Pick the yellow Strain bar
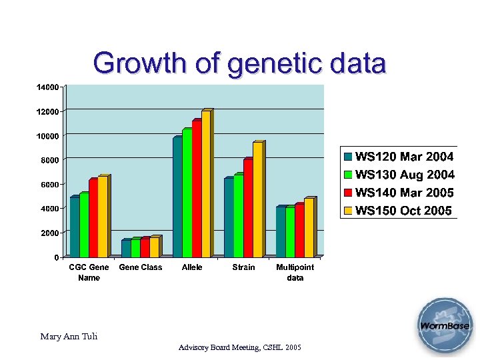tap(257, 200)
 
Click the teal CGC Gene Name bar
tap(74, 227)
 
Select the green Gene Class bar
tap(135, 248)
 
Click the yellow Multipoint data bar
tap(309, 228)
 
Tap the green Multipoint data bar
tap(289, 232)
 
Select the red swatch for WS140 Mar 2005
tap(348, 193)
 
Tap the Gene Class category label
tap(140, 267)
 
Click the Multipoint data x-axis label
tap(295, 272)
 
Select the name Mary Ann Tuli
tap(69, 337)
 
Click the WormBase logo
tap(444, 326)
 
